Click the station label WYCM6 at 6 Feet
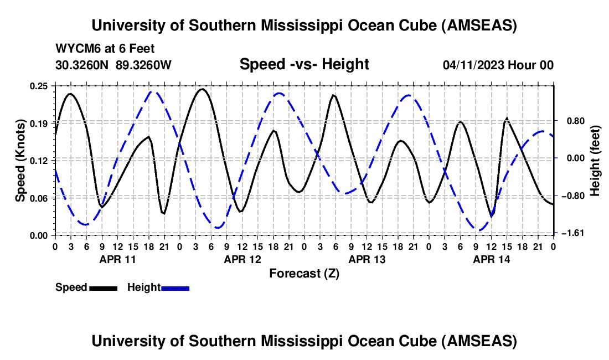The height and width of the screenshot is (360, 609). pyautogui.click(x=105, y=48)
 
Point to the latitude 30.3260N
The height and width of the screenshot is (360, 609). pyautogui.click(x=83, y=65)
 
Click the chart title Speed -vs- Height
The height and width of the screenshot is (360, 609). pyautogui.click(x=304, y=64)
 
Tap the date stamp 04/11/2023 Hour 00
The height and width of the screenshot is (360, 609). pyautogui.click(x=498, y=65)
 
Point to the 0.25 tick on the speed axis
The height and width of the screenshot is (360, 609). pyautogui.click(x=39, y=86)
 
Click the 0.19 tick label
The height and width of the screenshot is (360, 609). pyautogui.click(x=39, y=122)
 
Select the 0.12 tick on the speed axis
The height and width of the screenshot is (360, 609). pyautogui.click(x=39, y=160)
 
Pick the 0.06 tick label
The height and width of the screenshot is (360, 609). pyautogui.click(x=39, y=198)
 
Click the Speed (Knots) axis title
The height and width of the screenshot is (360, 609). pyautogui.click(x=20, y=160)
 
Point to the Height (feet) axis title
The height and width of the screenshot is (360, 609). pyautogui.click(x=595, y=160)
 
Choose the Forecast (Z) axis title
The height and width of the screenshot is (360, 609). pyautogui.click(x=304, y=273)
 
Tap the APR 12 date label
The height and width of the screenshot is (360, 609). pyautogui.click(x=242, y=259)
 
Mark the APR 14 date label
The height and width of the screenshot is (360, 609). pyautogui.click(x=491, y=259)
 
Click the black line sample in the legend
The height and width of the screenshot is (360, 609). pyautogui.click(x=103, y=287)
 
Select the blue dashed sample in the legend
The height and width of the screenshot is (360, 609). pyautogui.click(x=176, y=287)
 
